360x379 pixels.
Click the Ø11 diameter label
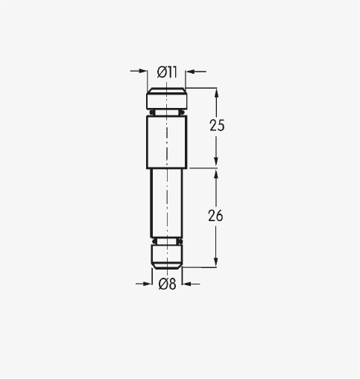[x=167, y=72]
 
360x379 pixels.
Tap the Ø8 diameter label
[x=167, y=284]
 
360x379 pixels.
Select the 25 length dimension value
[x=217, y=125]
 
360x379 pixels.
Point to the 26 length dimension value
[x=215, y=215]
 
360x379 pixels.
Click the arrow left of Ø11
[x=139, y=71]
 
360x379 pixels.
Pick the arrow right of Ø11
[x=196, y=71]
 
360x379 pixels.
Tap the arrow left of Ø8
[x=144, y=284]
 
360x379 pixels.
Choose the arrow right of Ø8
[x=191, y=284]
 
